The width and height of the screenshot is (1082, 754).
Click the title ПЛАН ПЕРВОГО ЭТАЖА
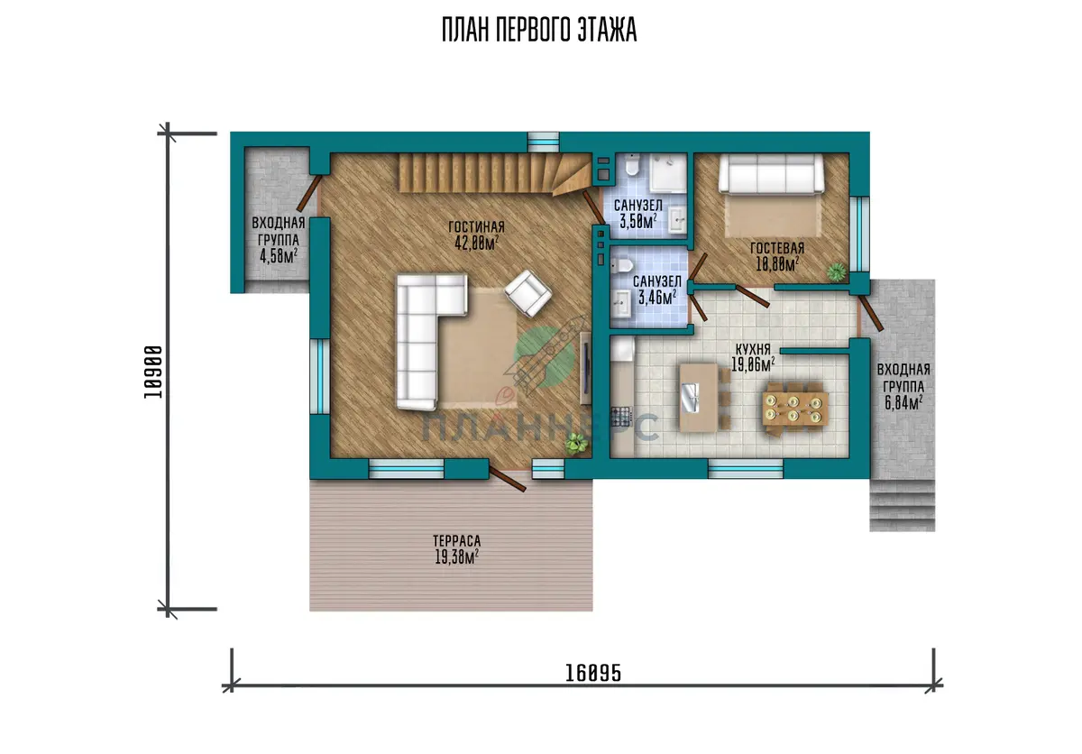tap(539, 30)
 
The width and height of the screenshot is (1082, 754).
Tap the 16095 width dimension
tap(593, 673)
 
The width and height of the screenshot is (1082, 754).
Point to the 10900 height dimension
tap(153, 372)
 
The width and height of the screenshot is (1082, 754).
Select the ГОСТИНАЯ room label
tap(476, 226)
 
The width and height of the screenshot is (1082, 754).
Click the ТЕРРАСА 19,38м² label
tap(456, 549)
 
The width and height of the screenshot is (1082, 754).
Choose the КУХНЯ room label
tap(753, 349)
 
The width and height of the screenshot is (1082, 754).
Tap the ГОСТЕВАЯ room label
tap(777, 248)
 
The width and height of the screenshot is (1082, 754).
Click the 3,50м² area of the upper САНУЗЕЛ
tap(638, 221)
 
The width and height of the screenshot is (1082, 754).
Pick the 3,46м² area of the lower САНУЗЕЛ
tap(657, 297)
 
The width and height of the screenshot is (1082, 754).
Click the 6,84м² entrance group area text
tap(903, 402)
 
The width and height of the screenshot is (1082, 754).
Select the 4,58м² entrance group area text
tap(279, 255)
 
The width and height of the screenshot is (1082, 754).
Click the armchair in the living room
tap(528, 293)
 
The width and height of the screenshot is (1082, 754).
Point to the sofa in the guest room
tap(771, 174)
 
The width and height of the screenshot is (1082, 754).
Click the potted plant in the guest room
tap(837, 272)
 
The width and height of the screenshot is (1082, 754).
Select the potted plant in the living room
tap(576, 444)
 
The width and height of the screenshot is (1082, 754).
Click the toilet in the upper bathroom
tap(632, 166)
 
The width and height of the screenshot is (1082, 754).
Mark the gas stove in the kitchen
tap(621, 417)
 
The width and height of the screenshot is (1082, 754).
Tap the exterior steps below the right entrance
tap(903, 505)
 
